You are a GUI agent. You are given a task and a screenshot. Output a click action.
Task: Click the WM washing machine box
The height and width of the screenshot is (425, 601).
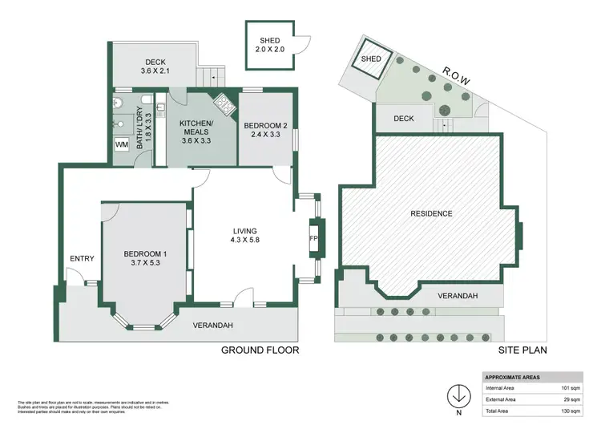(x=121, y=144)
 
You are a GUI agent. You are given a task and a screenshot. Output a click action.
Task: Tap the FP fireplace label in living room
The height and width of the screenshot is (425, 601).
(x=313, y=239)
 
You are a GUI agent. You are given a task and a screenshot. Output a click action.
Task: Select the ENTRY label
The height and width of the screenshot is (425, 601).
(x=82, y=258)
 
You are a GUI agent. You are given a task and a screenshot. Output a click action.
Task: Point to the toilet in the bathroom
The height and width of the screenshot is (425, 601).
(x=119, y=103)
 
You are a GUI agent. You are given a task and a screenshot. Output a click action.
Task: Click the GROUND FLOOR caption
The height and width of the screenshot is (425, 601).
(x=260, y=350)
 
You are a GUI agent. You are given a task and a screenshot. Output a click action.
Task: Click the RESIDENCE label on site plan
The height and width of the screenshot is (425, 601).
(x=432, y=213)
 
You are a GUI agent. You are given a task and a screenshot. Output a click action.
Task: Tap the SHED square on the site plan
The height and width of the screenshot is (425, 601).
(x=371, y=59)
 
